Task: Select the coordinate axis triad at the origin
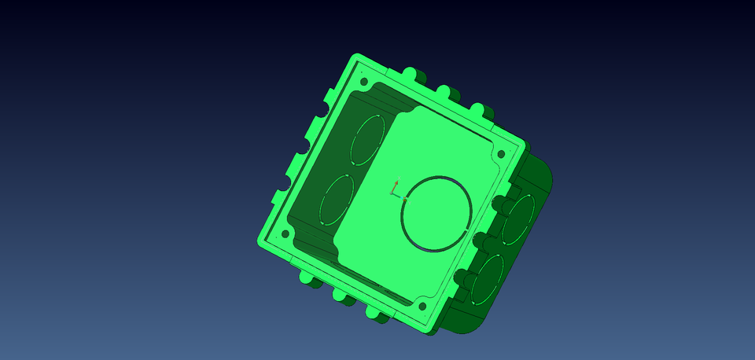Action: pos(396,189)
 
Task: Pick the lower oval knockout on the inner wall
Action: pos(337,200)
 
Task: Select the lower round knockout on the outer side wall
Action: pos(488,279)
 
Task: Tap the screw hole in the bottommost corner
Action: pos(422,306)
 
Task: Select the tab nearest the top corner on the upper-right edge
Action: pos(413,75)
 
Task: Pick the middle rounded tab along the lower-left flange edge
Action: pos(342,295)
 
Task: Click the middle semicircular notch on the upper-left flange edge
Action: pos(302,148)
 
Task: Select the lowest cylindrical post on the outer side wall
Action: pos(460,279)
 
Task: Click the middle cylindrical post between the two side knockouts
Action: pos(481,240)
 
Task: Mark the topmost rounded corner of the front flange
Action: pos(356,61)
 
